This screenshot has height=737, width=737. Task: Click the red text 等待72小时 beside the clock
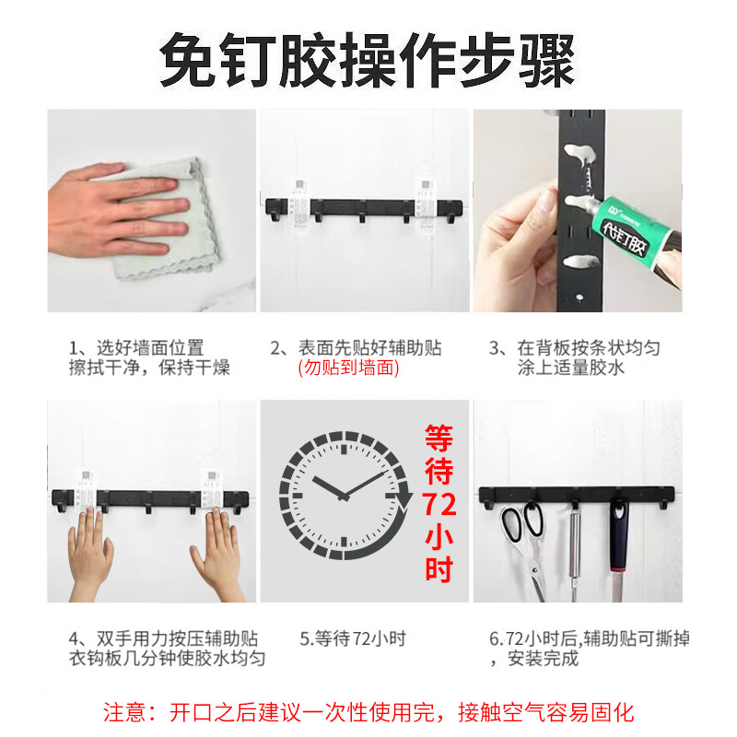tap(439, 502)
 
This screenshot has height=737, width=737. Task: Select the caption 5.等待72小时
tap(353, 638)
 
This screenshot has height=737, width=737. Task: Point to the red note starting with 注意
tap(368, 711)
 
